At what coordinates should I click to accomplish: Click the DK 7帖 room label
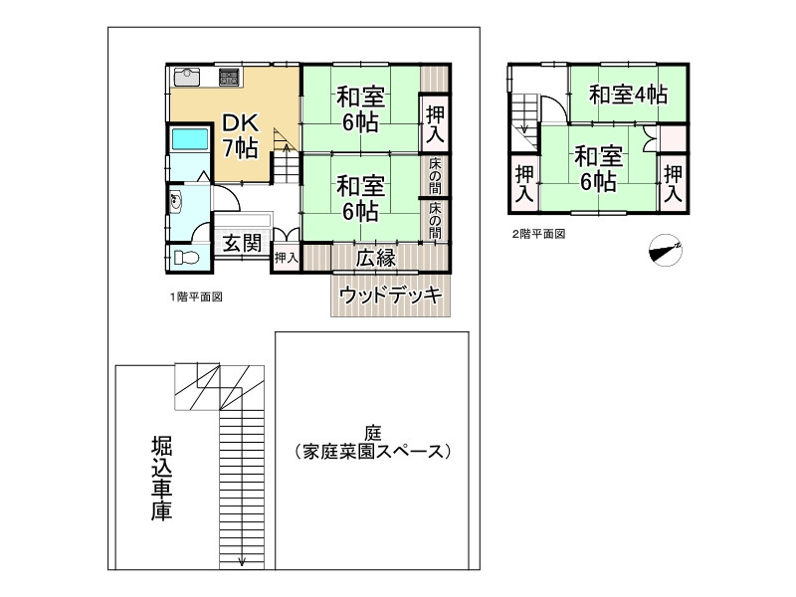(240, 136)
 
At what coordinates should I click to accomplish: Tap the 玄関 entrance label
(241, 243)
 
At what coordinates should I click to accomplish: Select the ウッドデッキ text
(390, 295)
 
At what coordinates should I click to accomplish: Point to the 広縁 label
(376, 258)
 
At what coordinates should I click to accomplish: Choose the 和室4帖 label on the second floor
(627, 96)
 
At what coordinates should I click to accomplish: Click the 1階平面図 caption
(195, 297)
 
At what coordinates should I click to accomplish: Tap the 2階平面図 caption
(538, 235)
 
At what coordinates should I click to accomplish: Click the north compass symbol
(664, 250)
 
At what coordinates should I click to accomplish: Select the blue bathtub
(189, 139)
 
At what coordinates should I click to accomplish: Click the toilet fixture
(185, 259)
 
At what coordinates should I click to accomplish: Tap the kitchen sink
(187, 76)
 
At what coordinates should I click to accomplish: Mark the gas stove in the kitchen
(230, 75)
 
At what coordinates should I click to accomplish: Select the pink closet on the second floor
(673, 134)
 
